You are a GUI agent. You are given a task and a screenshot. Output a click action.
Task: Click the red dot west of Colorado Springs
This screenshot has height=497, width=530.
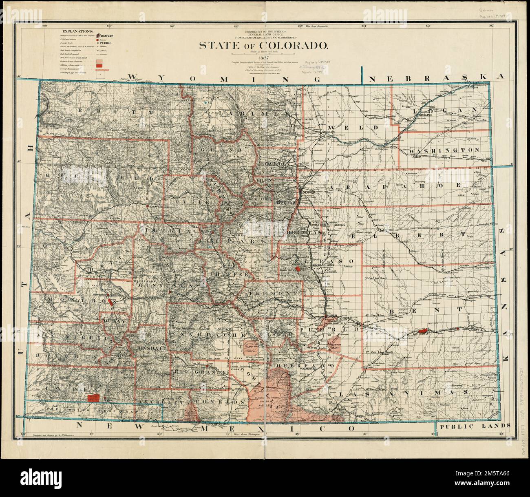coord(298,269)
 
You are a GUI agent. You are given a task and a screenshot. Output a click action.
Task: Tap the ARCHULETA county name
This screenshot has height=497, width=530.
coord(157,402)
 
